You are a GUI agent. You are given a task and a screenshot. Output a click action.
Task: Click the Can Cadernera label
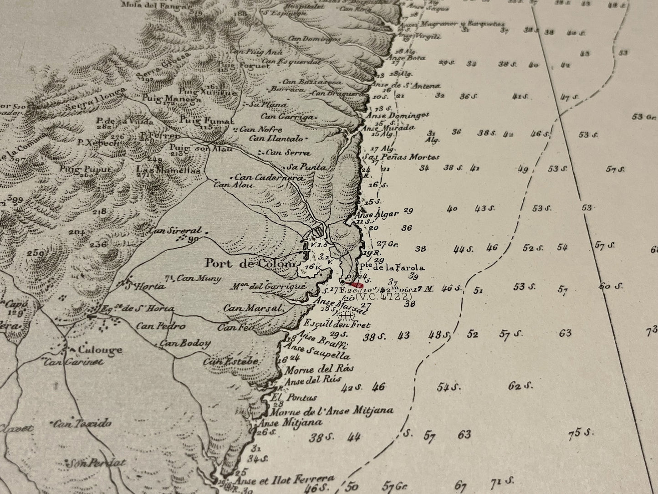[x=270, y=177]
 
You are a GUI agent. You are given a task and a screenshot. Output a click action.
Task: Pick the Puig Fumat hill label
[x=206, y=121]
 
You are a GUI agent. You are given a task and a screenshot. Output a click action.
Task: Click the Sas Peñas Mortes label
[x=401, y=157]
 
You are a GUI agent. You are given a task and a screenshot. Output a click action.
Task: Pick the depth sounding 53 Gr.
[x=644, y=117]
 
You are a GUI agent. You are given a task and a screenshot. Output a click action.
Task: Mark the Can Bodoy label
[x=185, y=343]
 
